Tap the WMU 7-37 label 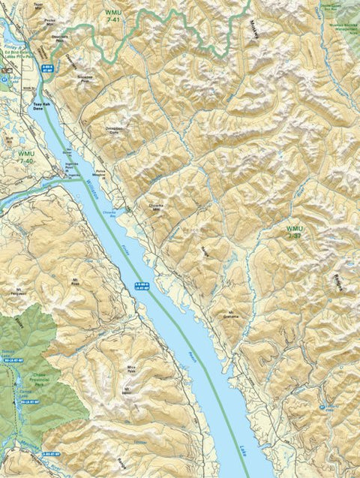(295, 231)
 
